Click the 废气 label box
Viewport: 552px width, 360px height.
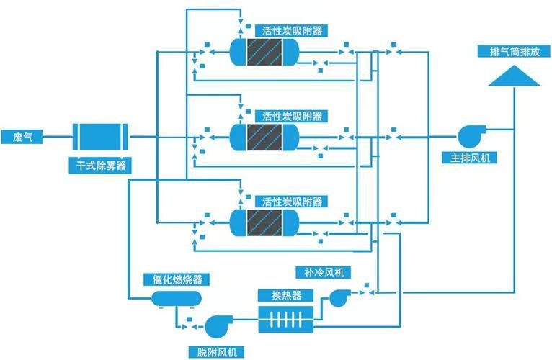(x=22, y=137)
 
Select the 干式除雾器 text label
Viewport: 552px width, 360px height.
(x=101, y=165)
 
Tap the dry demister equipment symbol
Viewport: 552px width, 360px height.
(x=100, y=137)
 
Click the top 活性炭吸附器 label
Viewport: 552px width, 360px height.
(x=292, y=31)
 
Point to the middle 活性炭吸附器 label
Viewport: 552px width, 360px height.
(x=292, y=116)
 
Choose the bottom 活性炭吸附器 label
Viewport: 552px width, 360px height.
(x=292, y=202)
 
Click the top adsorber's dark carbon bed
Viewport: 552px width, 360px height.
(x=264, y=52)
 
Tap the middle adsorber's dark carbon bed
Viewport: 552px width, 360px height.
(x=264, y=138)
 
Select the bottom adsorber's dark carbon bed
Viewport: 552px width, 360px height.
(x=264, y=222)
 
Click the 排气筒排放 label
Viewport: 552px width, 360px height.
(x=515, y=51)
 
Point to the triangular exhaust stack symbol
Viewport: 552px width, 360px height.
(x=515, y=76)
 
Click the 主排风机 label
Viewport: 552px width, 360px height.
(x=470, y=158)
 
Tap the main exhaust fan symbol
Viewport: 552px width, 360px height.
(x=471, y=136)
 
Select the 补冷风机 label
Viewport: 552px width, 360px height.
(x=324, y=272)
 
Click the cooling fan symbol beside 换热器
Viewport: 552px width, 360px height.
(x=339, y=297)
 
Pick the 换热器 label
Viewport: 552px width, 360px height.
(x=286, y=295)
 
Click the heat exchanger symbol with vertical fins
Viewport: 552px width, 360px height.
(x=286, y=320)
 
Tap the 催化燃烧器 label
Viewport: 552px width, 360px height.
(x=177, y=279)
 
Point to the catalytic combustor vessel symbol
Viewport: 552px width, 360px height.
(x=177, y=299)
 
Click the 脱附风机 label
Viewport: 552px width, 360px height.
(x=216, y=353)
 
